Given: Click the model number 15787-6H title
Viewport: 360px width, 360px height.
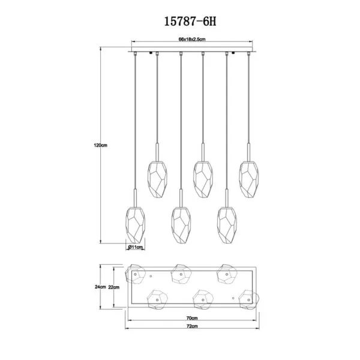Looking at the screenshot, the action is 190,22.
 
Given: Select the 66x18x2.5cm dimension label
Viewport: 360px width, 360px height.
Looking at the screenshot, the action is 192,39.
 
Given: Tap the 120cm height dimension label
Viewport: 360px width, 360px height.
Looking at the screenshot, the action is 100,145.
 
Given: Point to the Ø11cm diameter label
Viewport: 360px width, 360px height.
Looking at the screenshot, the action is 136,247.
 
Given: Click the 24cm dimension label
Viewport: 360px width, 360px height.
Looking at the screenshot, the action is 100,287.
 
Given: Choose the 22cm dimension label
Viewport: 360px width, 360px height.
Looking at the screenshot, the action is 113,287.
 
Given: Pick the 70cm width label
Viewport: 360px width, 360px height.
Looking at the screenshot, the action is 192,318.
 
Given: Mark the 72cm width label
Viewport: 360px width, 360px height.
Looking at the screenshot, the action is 192,326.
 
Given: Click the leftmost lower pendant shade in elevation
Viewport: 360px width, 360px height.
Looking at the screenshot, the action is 136,225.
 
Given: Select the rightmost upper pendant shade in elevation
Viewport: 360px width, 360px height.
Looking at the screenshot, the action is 249,179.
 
